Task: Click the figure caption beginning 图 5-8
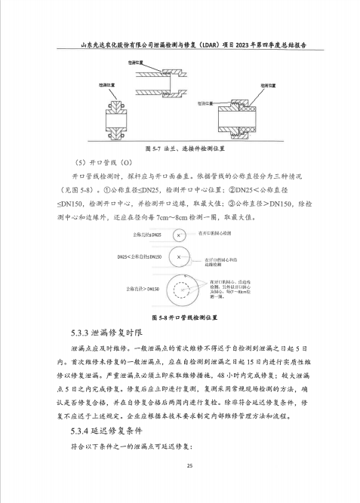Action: coord(180,317)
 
